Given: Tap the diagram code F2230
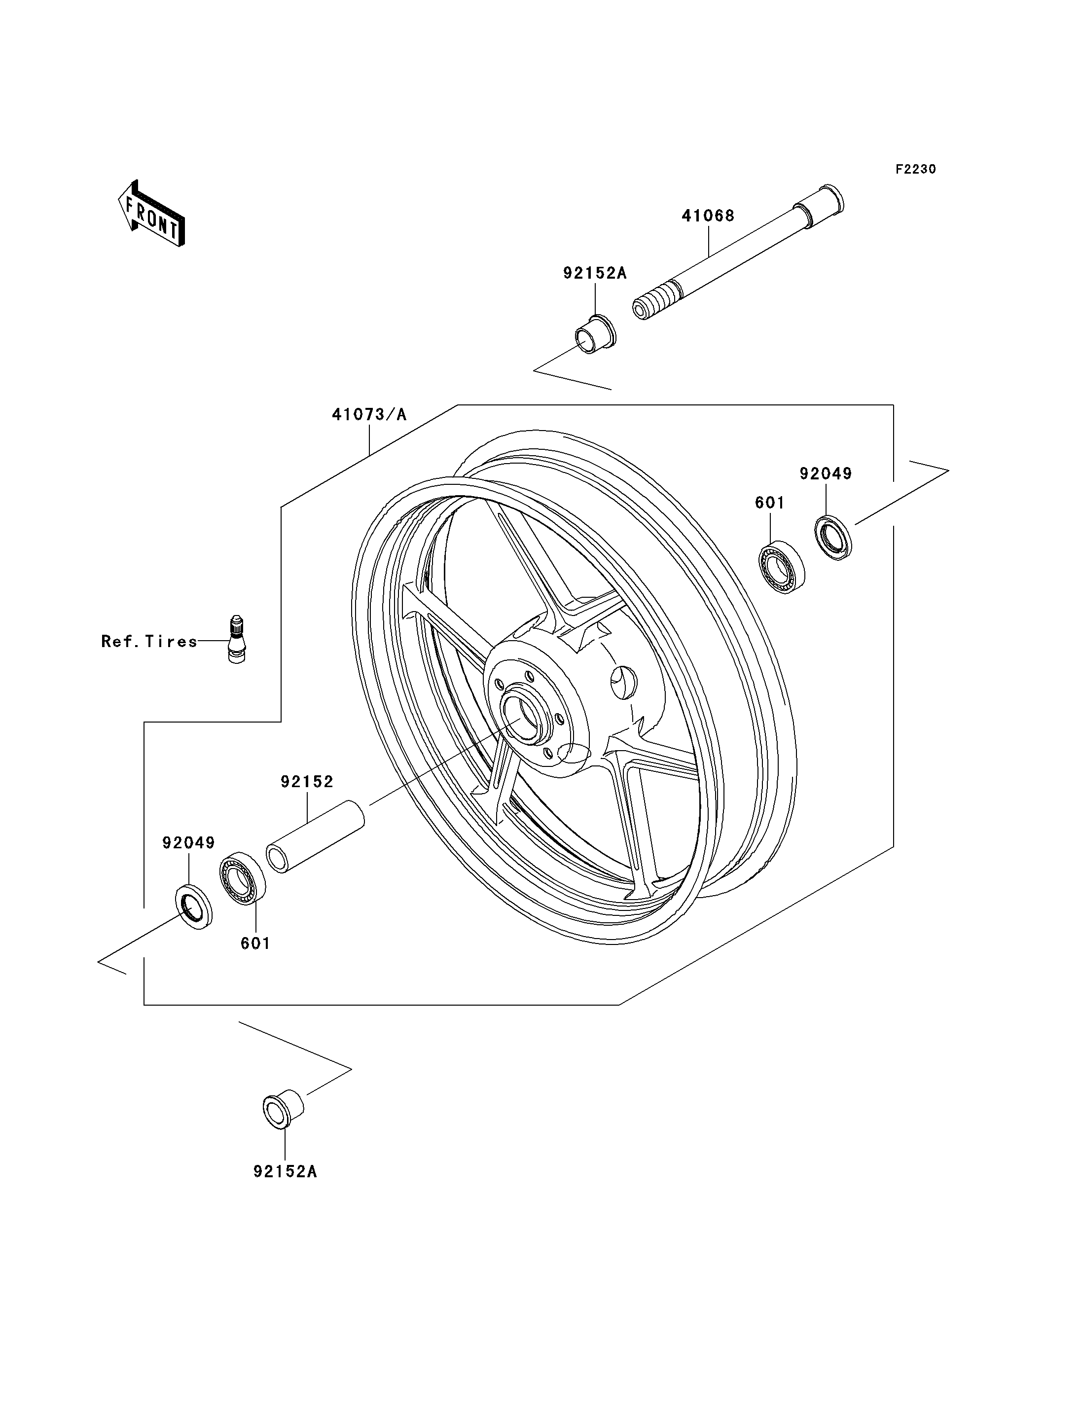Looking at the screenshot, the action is coord(916,169).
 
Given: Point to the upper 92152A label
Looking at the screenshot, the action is coord(595,273).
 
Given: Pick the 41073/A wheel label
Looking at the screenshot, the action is coord(369,414).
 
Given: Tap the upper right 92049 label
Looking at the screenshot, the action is coord(826,473).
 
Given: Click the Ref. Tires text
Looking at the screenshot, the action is coord(149,642).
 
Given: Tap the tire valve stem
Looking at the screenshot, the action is coord(237,639).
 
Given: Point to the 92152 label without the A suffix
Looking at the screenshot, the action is coord(307,782).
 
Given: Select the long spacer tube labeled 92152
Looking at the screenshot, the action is coord(315,836).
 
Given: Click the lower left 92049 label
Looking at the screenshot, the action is coord(188,842).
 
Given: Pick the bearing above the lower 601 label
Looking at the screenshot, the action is coord(243,878).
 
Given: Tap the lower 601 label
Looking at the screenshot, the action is coord(255,943).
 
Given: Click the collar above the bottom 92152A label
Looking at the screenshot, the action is coord(283,1108).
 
